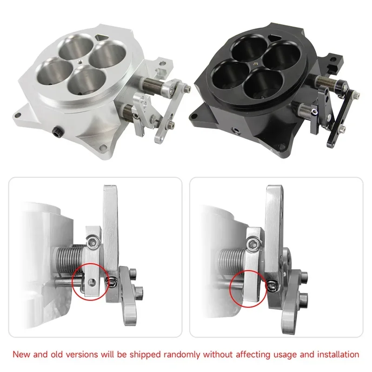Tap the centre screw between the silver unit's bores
(80, 62)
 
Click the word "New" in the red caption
(22, 354)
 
